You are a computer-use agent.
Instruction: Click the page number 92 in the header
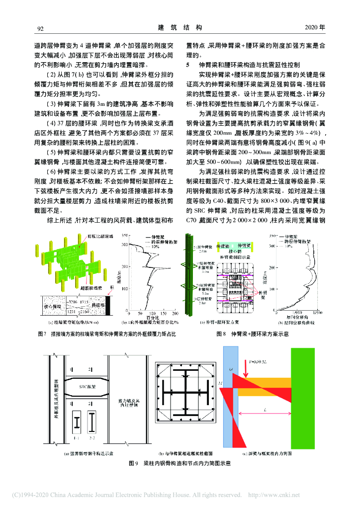(41, 27)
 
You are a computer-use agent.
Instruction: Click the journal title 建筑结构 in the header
(180, 27)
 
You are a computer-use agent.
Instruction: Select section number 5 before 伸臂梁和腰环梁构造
(187, 65)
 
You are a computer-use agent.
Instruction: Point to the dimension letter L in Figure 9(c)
(267, 409)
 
